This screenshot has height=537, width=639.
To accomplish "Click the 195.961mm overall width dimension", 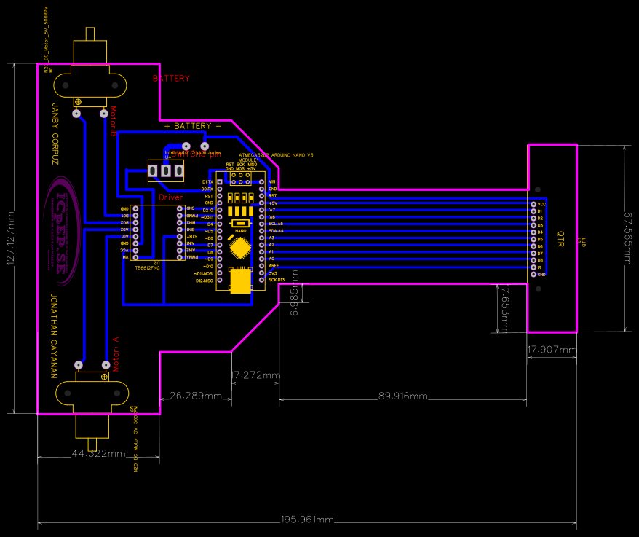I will pos(306,520).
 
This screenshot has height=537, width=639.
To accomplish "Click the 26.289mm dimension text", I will pos(196,396).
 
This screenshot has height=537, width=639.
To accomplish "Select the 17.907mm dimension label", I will pos(551,350).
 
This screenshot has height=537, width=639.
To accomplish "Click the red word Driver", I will pos(171,197).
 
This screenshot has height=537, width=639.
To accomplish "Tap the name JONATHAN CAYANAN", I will pos(53,336).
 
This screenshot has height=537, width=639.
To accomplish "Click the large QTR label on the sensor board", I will pos(560,239).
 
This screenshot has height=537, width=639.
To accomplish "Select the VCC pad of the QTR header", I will pos(533,205).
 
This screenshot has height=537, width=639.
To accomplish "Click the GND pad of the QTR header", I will pos(533,275).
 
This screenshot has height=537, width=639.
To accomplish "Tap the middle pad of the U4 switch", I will pos(166,171).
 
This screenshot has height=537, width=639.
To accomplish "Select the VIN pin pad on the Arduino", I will pos(262,181).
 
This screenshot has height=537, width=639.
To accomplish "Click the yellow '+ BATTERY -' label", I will pos(193,126).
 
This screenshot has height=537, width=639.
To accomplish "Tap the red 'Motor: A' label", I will pos(114,354).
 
